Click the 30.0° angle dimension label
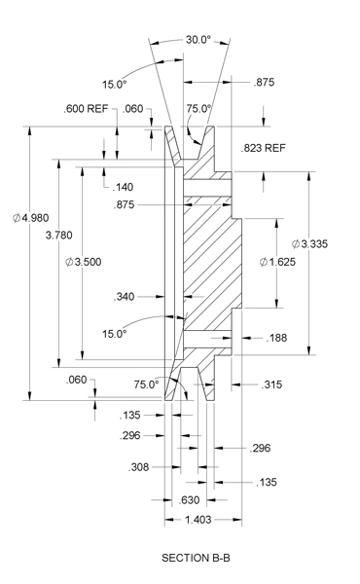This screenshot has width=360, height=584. click(x=198, y=40)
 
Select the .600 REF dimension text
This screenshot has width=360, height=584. click(x=86, y=109)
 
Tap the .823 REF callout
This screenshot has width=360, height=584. click(x=264, y=148)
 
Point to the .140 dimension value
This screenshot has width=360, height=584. click(x=123, y=187)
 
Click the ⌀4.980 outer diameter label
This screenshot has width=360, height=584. click(x=30, y=218)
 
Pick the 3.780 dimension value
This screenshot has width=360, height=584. click(x=58, y=236)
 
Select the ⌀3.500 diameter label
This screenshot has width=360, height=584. click(x=83, y=262)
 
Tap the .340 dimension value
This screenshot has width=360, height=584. click(x=124, y=297)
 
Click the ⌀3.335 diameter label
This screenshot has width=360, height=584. click(x=309, y=244)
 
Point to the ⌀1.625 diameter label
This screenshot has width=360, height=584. click(x=277, y=262)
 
